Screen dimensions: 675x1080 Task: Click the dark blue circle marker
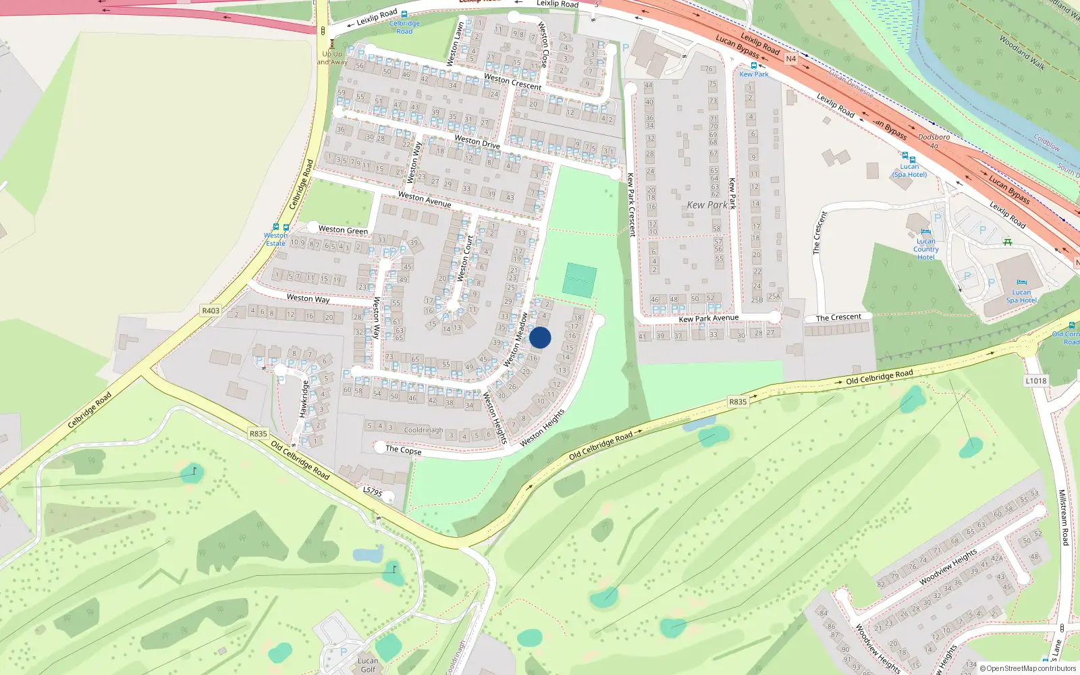[x=540, y=337]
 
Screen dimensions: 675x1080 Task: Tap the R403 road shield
[x=211, y=310]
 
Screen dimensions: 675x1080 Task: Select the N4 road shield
[x=790, y=59]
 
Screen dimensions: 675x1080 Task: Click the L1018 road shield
[x=1036, y=381]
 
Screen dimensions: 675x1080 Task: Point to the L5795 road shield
[x=373, y=491]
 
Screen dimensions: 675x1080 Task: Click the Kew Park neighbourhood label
[x=707, y=205]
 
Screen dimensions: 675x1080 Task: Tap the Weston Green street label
[x=343, y=230]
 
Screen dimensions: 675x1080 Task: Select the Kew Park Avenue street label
[x=708, y=318]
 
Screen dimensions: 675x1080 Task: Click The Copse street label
[x=403, y=450]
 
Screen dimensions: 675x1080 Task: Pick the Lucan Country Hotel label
[x=925, y=249]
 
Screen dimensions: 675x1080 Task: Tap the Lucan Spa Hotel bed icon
[x=1021, y=283]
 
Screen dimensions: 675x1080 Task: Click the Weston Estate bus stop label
[x=275, y=240]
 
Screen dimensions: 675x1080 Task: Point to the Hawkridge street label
[x=304, y=398]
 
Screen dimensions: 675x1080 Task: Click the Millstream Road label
[x=1063, y=518]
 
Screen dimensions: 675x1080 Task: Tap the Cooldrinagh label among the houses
[x=423, y=430]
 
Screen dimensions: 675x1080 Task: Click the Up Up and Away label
[x=332, y=57]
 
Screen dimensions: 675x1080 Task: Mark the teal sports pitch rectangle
[x=580, y=280]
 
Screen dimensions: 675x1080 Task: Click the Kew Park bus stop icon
[x=754, y=66]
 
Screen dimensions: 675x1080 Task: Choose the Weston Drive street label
[x=477, y=142]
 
